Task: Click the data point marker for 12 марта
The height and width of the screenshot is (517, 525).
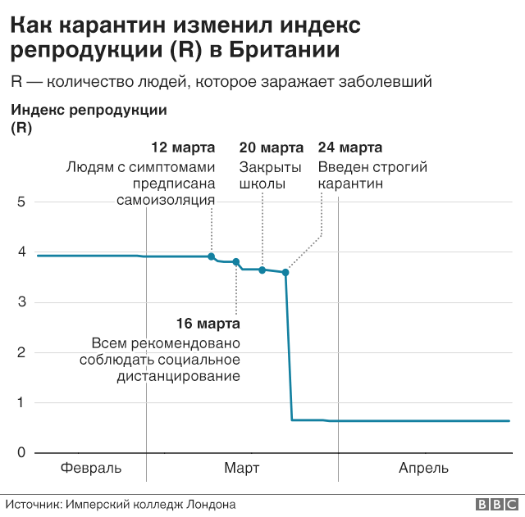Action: [212, 256]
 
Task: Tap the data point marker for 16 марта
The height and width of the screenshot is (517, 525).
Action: [236, 262]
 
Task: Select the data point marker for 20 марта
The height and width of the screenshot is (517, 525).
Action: [262, 270]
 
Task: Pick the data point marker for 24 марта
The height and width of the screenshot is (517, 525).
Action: [285, 272]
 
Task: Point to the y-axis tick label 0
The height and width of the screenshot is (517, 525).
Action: [21, 453]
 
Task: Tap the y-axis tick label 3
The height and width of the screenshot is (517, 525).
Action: [21, 302]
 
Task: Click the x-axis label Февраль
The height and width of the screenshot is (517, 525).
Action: [91, 469]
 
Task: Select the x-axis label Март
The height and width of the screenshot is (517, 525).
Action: [242, 469]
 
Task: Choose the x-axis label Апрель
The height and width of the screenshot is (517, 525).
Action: [423, 469]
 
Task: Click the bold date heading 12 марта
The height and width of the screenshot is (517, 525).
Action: [184, 148]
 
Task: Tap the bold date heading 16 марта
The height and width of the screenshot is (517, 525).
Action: [208, 324]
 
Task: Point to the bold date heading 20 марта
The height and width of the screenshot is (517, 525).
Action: [271, 148]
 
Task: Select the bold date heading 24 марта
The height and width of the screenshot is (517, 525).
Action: [349, 148]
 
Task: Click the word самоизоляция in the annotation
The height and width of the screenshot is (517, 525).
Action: [166, 201]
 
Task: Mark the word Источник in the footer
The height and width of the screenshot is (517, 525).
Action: [33, 505]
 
